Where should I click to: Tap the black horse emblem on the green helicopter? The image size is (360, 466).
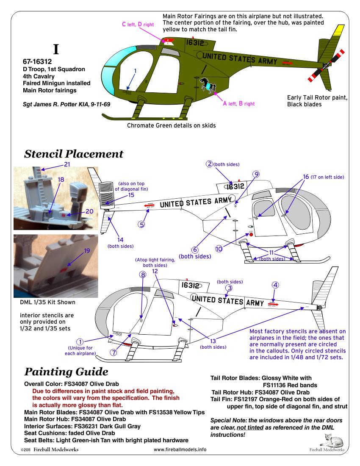208,84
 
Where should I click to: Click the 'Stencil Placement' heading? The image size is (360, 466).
74,154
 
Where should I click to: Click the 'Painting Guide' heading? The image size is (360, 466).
66,372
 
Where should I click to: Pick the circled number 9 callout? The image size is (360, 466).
256,174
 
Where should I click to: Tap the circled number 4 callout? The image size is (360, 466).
275,285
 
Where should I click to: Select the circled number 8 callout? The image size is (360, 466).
143,275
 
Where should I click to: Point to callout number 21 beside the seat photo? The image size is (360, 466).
66,164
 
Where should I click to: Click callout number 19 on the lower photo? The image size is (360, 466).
87,251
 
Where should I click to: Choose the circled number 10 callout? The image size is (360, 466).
219,249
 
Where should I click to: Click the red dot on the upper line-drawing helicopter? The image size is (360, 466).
251,234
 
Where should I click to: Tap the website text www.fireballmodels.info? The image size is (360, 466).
180,449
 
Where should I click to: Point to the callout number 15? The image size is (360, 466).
131,195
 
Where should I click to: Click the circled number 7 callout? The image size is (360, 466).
114,352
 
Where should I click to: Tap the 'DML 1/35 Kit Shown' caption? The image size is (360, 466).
47,302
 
